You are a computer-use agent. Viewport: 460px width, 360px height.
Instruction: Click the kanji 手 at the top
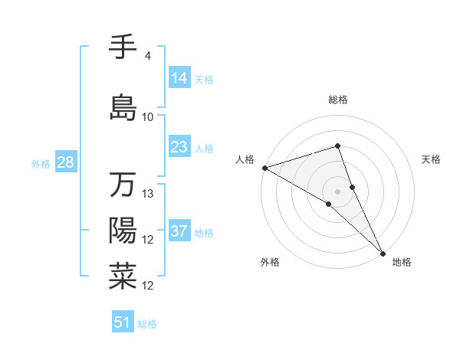(x=123, y=47)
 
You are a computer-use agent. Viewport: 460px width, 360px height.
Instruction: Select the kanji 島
(x=123, y=107)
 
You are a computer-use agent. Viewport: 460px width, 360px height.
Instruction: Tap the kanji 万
(x=123, y=185)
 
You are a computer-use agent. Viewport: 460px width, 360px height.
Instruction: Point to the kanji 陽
(x=123, y=231)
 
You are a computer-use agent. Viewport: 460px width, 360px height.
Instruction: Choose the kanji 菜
(x=123, y=277)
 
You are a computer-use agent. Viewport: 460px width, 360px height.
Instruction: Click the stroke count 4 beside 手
(x=148, y=56)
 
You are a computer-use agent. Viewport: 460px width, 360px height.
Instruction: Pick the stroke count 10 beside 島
(x=148, y=117)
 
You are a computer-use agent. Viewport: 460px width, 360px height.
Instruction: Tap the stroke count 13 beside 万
(x=148, y=194)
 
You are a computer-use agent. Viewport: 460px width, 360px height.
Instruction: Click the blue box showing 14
(x=179, y=78)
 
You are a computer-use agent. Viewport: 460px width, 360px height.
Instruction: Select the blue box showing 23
(x=179, y=147)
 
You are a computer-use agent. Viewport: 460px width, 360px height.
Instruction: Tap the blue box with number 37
(x=179, y=231)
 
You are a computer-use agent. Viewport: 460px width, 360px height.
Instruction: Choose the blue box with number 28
(x=65, y=162)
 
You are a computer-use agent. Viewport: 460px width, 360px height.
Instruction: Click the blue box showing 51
(x=123, y=322)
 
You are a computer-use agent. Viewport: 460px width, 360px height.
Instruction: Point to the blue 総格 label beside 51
(x=147, y=324)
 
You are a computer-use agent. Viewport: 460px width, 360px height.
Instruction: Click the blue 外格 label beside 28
(x=41, y=164)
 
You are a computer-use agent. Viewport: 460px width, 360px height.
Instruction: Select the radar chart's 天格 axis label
(x=432, y=159)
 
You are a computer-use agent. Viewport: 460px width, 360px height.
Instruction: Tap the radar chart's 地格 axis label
(x=402, y=262)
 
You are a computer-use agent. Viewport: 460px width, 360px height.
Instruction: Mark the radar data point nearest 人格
(x=264, y=167)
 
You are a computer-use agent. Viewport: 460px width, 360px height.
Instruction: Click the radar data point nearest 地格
(x=383, y=252)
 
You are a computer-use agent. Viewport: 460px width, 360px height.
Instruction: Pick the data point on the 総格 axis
(x=337, y=146)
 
